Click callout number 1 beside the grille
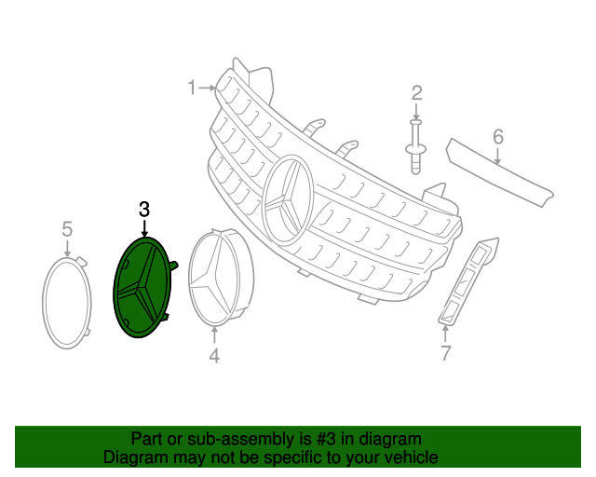pos(191,88)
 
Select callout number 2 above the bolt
pos(416,92)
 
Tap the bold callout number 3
pos(143,210)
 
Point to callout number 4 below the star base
pos(214,355)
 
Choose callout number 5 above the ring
pos(67,228)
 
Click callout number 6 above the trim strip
pos(498,138)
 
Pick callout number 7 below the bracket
pos(445,353)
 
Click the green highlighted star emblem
pos(142,287)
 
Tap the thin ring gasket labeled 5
pos(67,303)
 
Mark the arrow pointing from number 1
pos(208,88)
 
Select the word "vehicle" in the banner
pos(410,457)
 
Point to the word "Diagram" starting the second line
pos(131,457)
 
